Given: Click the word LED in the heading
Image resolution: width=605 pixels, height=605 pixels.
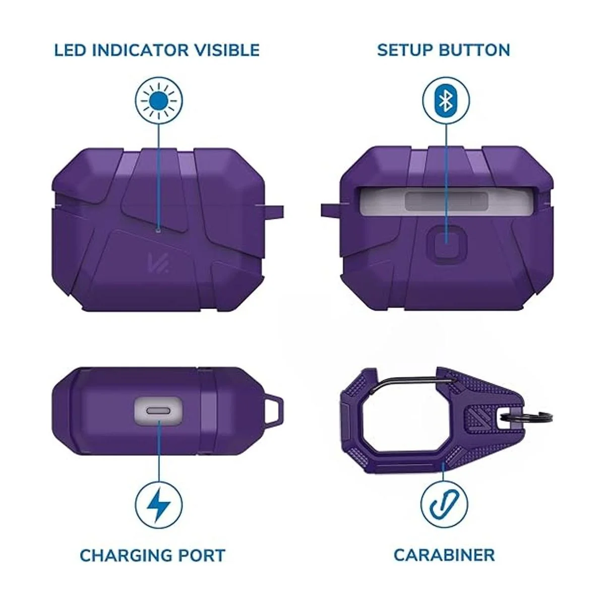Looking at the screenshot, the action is click(70, 50).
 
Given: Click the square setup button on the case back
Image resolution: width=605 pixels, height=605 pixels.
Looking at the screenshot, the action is click(446, 243).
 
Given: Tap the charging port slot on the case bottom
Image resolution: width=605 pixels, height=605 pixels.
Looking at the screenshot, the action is click(159, 411).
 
